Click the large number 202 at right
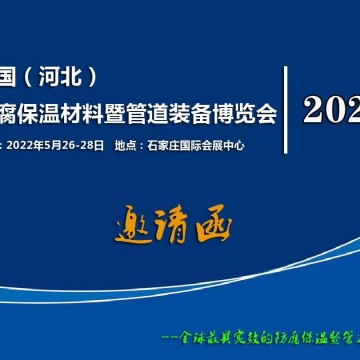click(331, 109)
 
